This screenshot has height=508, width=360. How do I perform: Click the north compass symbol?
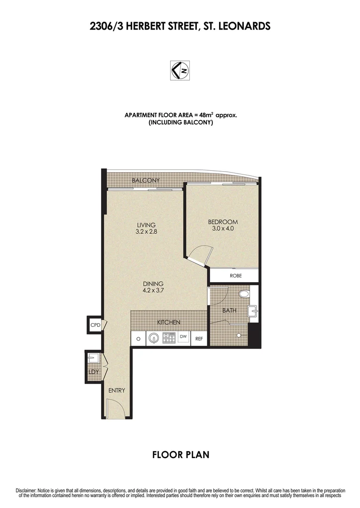[180, 70]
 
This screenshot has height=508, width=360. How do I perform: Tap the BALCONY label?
[146, 180]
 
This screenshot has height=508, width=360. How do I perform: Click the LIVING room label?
[146, 225]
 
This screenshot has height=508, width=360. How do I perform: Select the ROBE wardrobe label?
[235, 276]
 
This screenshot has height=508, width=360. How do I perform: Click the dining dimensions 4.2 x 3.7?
[153, 290]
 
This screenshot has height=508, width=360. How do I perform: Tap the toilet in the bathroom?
[244, 295]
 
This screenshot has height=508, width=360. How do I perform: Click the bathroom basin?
[253, 310]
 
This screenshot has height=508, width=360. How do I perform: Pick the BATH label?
[230, 310]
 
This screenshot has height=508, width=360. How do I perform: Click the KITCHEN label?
[169, 322]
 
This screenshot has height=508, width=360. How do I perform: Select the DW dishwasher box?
[183, 337]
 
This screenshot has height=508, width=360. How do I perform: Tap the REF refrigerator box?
[199, 338]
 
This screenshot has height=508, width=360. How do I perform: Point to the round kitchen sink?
[154, 338]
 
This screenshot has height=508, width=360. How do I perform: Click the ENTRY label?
[116, 390]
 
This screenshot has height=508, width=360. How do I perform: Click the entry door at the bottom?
[114, 408]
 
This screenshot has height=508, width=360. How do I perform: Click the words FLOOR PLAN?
[180, 455]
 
